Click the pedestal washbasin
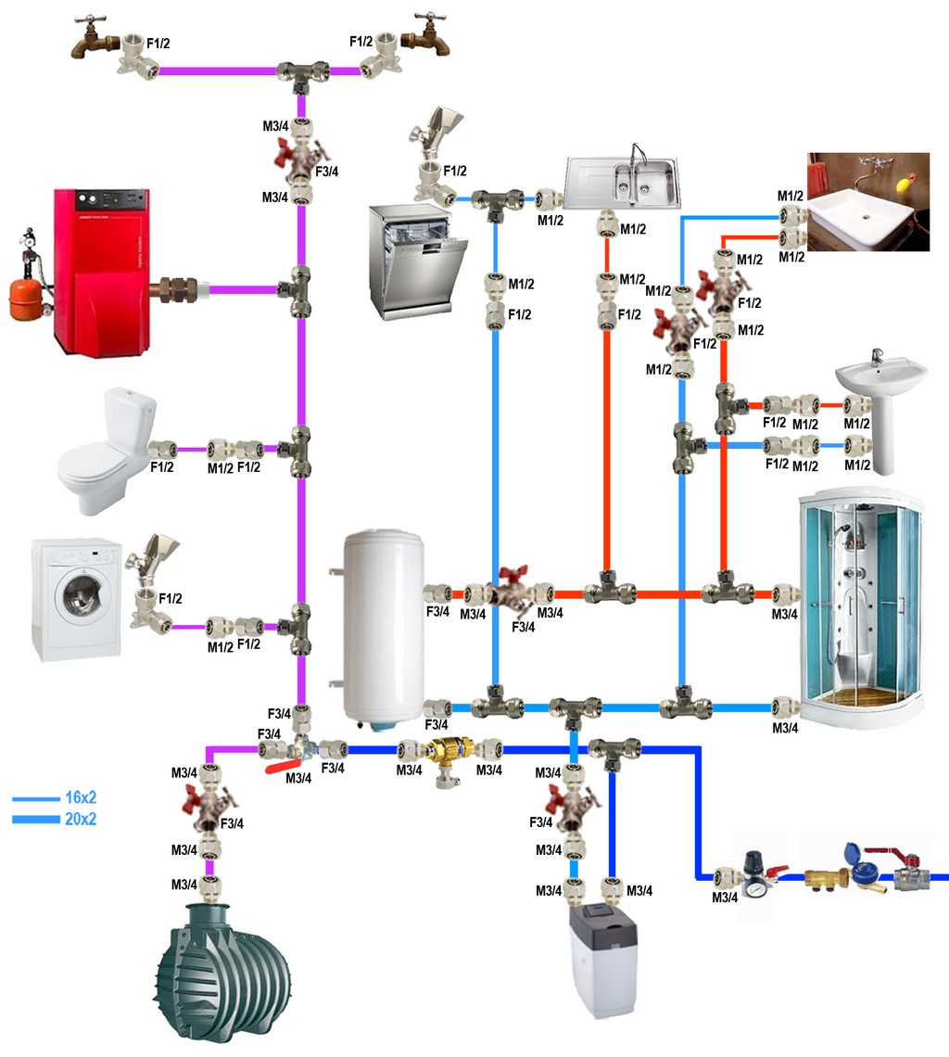tap(880, 399)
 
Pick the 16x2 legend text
tap(81, 798)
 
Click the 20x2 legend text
tap(81, 820)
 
